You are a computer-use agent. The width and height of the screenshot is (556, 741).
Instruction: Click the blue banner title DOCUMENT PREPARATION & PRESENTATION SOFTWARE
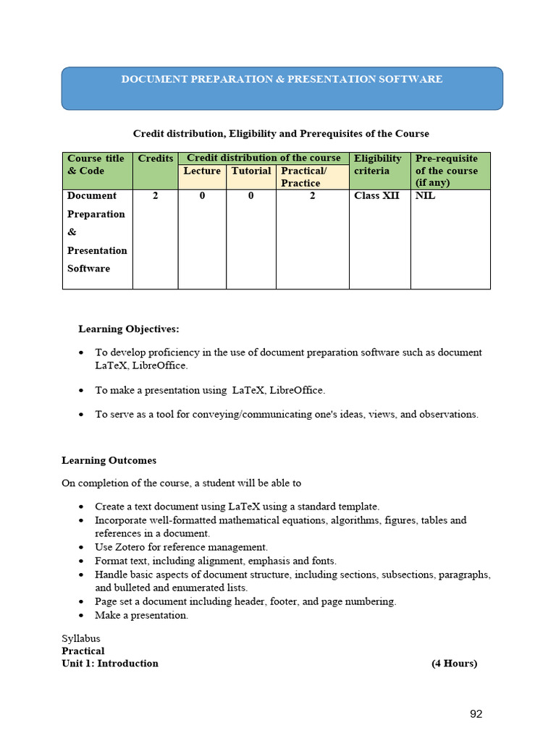pos(282,79)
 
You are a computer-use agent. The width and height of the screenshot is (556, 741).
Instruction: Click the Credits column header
pos(156,158)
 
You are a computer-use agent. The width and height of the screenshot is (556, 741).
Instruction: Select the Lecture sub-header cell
pos(202,171)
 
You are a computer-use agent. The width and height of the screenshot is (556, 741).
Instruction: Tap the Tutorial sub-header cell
pos(251,171)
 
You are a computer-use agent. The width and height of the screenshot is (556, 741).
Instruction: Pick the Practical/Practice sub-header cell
pos(304,177)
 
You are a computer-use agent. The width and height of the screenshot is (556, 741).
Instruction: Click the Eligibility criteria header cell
pos(378,164)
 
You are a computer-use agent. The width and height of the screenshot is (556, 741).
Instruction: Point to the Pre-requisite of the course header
pos(447,170)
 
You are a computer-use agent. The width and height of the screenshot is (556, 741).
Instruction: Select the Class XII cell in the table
pos(376,195)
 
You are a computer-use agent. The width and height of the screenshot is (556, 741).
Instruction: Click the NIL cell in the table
pos(426,195)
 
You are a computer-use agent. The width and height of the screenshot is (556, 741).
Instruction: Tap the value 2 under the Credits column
pos(156,195)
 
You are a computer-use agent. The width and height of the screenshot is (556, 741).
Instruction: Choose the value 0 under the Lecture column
pos(202,195)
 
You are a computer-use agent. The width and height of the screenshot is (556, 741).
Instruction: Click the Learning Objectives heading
pos(128,329)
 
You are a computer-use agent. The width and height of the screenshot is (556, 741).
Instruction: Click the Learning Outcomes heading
pos(109,460)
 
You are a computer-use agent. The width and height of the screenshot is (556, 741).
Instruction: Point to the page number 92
pos(476,714)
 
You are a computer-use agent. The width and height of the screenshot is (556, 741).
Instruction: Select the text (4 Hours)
pos(454,664)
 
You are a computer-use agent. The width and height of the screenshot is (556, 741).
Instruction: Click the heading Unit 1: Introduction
pos(110,664)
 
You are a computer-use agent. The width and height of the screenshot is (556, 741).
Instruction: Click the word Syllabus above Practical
pos(81,638)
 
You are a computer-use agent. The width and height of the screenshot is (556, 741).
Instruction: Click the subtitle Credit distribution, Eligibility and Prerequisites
pos(281,134)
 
